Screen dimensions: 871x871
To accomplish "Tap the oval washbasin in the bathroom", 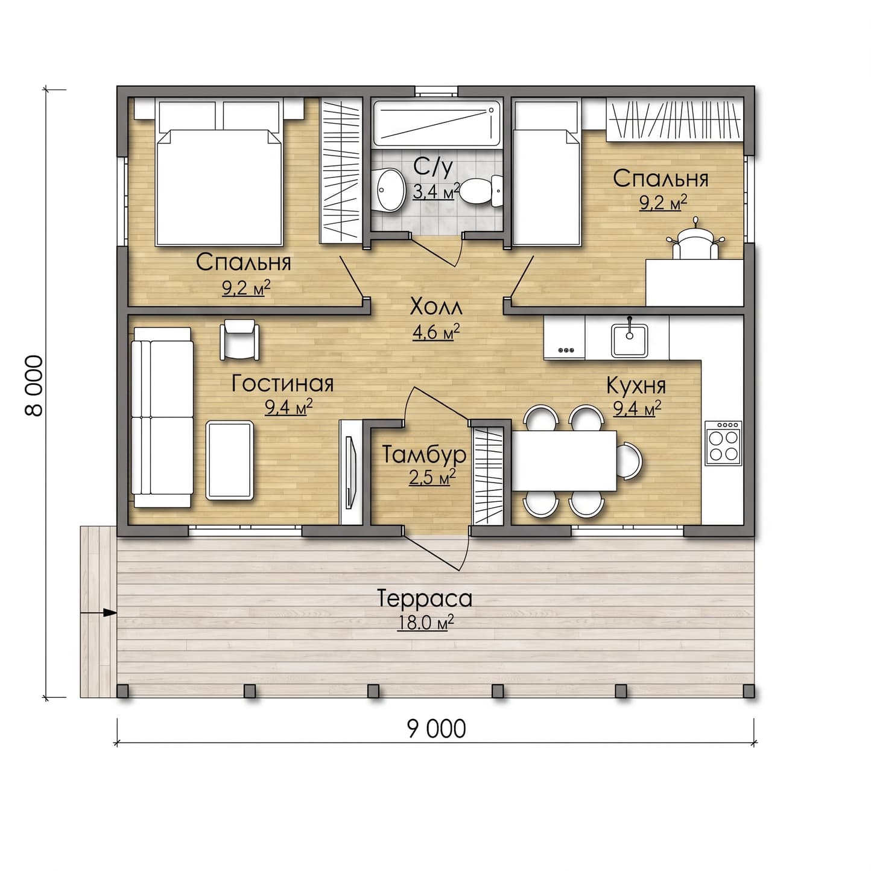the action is pos(390,190).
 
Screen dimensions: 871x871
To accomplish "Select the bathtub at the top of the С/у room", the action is pos(437,124).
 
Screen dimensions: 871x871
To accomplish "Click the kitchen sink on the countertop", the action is pos(629,340).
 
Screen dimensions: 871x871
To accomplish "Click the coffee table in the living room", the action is pos(230,460).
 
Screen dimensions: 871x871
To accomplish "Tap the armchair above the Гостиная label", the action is pos(239,340).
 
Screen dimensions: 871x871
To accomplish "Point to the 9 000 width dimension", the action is pos(437,729).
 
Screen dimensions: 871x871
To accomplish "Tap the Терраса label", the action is pos(425,598).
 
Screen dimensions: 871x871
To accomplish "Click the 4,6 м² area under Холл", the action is pos(435,332).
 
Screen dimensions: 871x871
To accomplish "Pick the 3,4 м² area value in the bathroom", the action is pos(435,191).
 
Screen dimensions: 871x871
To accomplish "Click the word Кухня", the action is pos(636,386).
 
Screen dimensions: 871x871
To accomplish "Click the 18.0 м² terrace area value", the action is pos(425,622).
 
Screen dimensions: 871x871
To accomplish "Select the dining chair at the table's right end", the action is pos(629,461).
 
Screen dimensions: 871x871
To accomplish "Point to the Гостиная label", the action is pos(282,384).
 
